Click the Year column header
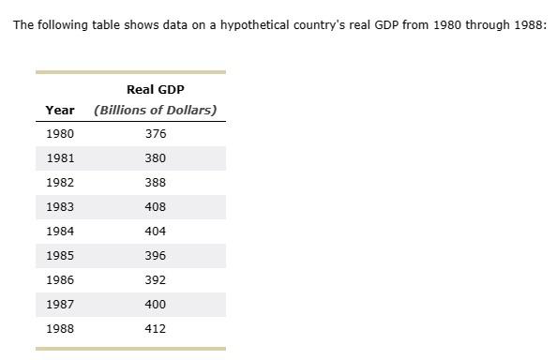60,110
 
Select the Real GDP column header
156,89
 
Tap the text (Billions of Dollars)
156,110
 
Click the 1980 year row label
60,134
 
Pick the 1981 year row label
60,158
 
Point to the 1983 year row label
60,207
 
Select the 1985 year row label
60,256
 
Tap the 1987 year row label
60,305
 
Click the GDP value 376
156,134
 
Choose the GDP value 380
156,158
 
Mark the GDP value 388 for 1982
156,183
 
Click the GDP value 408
156,207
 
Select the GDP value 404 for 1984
156,232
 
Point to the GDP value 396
156,256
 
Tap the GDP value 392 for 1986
156,280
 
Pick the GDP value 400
156,305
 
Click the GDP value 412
156,329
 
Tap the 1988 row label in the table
60,329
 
